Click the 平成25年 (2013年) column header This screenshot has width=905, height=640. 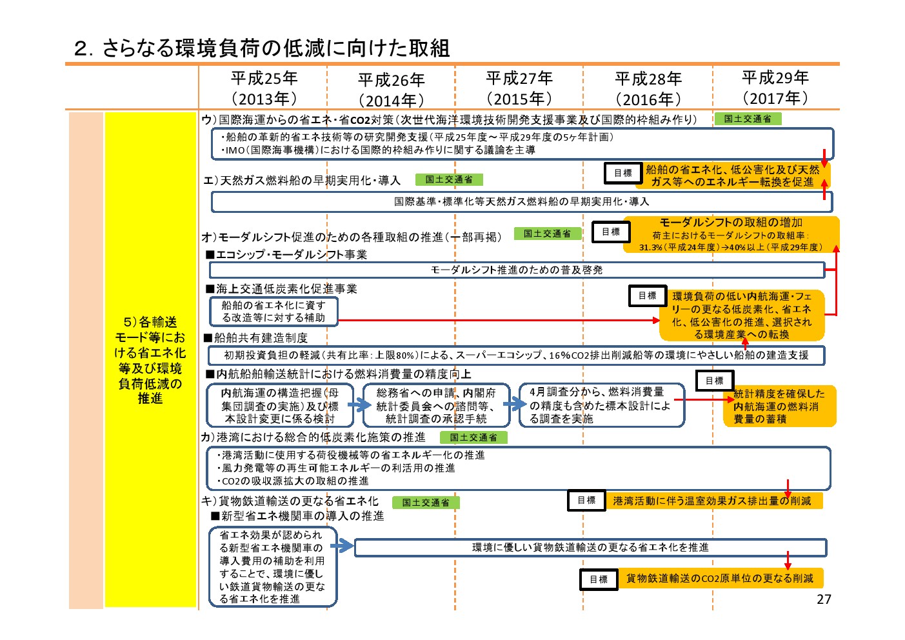264,88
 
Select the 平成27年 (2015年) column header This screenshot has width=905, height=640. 519,88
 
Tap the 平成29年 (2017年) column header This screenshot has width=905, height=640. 775,88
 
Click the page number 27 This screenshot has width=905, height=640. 824,599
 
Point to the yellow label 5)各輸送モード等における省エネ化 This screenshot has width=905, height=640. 150,359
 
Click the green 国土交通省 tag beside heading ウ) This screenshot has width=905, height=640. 748,119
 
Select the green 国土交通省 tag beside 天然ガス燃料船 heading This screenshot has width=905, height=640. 449,179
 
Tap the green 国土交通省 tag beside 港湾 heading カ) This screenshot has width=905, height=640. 473,437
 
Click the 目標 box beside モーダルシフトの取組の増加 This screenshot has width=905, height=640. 611,232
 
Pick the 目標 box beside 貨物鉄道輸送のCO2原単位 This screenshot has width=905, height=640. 599,579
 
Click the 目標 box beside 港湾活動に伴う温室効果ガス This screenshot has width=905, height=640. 586,500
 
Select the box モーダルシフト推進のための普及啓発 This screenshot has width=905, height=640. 517,270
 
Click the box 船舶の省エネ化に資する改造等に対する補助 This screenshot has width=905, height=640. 273,312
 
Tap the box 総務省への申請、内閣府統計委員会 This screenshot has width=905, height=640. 436,405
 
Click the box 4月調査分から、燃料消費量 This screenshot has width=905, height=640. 602,405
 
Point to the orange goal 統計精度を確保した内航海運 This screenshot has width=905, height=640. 779,406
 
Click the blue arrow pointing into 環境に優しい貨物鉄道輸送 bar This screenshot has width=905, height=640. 342,546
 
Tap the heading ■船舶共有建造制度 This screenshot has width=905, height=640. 257,338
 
